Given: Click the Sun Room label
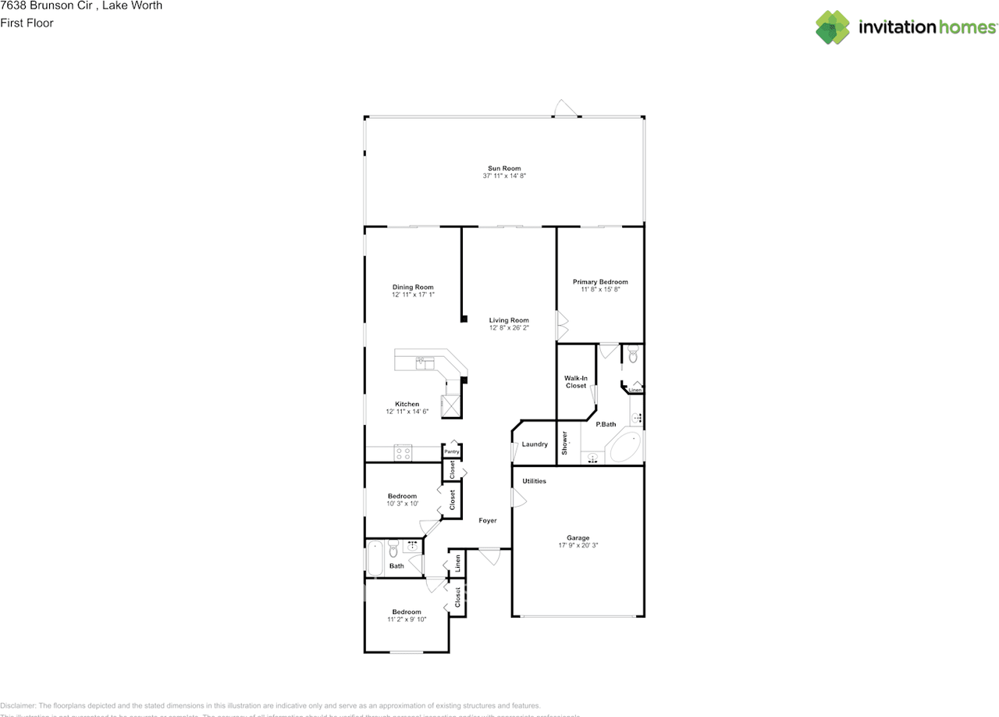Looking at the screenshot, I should pyautogui.click(x=504, y=168).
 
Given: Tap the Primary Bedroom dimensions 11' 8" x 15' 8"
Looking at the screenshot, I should pyautogui.click(x=599, y=290).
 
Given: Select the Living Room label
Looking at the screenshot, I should pyautogui.click(x=509, y=320).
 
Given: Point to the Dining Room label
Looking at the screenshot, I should pyautogui.click(x=413, y=287).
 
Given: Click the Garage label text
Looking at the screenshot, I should pyautogui.click(x=578, y=537).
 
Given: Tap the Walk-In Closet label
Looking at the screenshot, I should pyautogui.click(x=575, y=382).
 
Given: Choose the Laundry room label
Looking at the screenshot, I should pyautogui.click(x=535, y=444).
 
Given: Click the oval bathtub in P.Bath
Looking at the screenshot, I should pyautogui.click(x=624, y=448).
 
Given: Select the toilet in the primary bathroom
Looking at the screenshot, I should pyautogui.click(x=632, y=355).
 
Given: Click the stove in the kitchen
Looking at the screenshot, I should pyautogui.click(x=403, y=453).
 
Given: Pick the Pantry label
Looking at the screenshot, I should pyautogui.click(x=451, y=451).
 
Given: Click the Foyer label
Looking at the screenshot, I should pyautogui.click(x=488, y=520).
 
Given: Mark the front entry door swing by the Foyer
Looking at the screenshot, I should pyautogui.click(x=489, y=556).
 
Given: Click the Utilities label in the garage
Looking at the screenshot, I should pyautogui.click(x=535, y=481).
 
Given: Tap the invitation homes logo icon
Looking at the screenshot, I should pyautogui.click(x=833, y=27).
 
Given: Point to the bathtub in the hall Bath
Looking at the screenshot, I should pyautogui.click(x=375, y=558).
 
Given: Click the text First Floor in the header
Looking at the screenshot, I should pyautogui.click(x=27, y=23).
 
